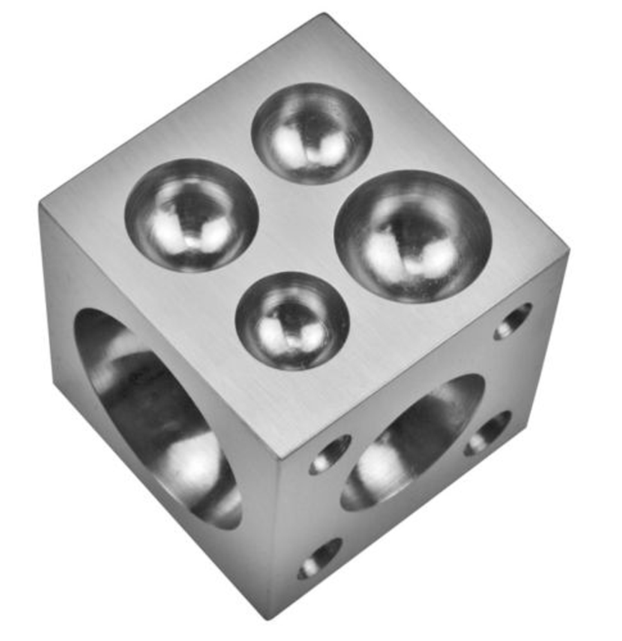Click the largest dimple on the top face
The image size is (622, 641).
pos(413,236)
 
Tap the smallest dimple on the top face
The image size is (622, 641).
pos(292,320)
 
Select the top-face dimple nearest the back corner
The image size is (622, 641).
pos(312,133)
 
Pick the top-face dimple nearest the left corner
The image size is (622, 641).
pos(191,215)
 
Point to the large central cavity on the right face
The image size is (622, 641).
pos(413,442)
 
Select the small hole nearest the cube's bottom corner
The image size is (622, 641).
pos(319,558)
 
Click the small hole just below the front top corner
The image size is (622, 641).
pos(330,455)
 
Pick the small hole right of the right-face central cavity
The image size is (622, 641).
pos(488,433)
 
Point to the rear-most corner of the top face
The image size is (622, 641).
pos(323,15)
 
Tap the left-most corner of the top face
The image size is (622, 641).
pos(41,203)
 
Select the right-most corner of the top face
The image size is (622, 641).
pos(568,250)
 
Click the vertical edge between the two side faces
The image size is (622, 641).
pos(274,539)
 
